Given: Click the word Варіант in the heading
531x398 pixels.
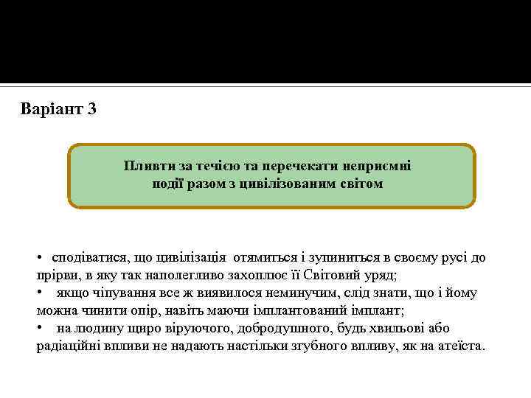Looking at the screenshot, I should (52, 111).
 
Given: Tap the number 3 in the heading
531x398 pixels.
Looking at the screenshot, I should (91, 111).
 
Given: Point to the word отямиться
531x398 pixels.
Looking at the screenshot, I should (266, 259).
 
